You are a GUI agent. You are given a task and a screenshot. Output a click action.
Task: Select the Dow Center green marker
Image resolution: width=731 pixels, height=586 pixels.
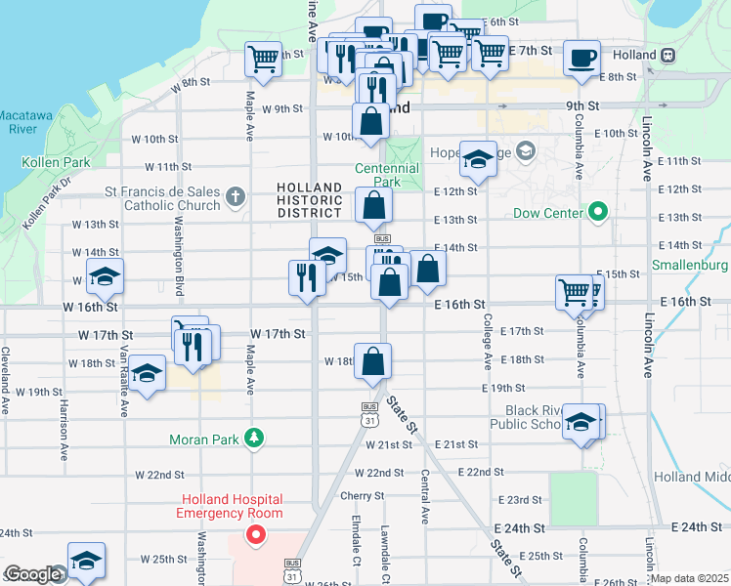pos(597,212)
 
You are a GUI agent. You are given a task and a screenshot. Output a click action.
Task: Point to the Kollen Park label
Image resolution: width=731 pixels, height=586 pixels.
pos(47,162)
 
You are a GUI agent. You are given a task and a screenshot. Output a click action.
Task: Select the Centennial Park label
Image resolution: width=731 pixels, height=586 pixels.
pos(387,175)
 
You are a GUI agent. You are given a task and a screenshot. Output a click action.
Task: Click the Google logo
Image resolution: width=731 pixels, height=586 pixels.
pos(31,575)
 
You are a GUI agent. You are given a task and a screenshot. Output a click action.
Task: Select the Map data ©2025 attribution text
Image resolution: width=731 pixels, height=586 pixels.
pos(690,578)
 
